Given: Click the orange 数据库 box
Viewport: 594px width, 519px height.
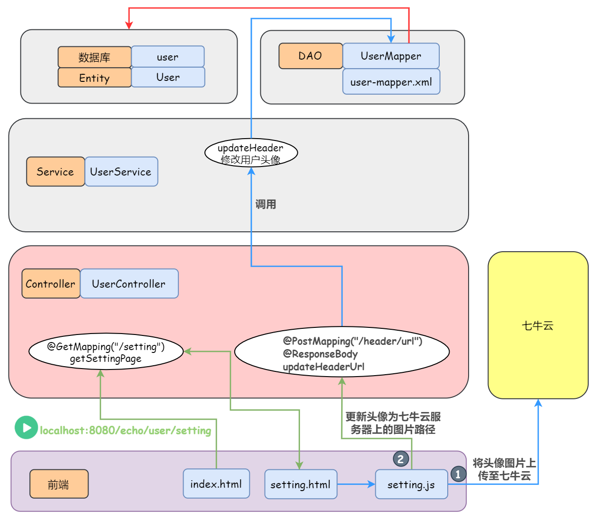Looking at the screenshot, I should tap(94, 57).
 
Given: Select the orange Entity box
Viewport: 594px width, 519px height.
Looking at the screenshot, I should tap(94, 78).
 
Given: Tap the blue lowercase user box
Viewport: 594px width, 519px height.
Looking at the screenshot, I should tap(168, 57).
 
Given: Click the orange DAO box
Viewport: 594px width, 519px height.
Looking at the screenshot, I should tap(310, 56).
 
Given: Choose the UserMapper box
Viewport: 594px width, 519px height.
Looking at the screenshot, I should tap(390, 56).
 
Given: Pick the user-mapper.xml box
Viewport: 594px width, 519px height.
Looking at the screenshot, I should tap(391, 82).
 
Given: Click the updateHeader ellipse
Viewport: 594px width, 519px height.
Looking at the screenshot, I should tap(251, 153).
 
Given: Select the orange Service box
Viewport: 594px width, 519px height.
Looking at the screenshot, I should tap(55, 172).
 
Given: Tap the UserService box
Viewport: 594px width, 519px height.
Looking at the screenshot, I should tap(121, 172).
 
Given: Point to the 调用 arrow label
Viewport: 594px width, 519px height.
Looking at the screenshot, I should tap(266, 204).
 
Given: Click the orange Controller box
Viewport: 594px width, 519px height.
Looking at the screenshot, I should tap(51, 284).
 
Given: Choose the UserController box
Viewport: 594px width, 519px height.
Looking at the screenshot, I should tap(129, 284).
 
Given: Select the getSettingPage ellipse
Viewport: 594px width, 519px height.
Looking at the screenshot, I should tap(106, 352).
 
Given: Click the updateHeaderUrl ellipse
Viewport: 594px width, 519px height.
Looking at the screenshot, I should tap(342, 352).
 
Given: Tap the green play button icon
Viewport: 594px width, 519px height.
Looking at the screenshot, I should tap(26, 428).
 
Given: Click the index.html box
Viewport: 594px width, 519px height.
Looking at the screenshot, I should tap(216, 484).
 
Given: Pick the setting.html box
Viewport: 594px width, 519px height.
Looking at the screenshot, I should tap(301, 484).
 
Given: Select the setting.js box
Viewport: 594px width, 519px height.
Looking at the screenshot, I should tap(411, 484).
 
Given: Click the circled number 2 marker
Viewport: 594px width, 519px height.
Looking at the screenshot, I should tap(401, 458).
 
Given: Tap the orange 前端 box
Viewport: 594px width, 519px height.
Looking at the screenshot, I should tap(59, 484).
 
